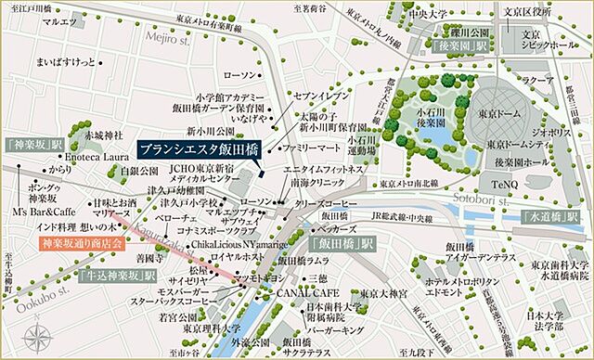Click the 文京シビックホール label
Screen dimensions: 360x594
click(x=539, y=35)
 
